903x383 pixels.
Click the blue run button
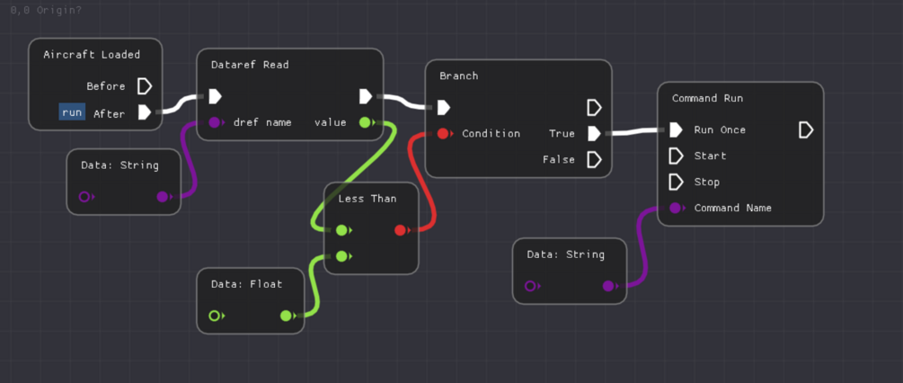(x=72, y=112)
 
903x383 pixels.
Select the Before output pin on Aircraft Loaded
(x=144, y=86)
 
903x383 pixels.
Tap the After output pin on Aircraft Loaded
(x=144, y=112)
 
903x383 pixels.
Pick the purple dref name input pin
(x=215, y=122)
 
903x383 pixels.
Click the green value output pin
(x=365, y=122)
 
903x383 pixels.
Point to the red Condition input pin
(x=443, y=134)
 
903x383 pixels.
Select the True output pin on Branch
(x=593, y=134)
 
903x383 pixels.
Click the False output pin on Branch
(x=593, y=160)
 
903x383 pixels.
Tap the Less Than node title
(x=367, y=198)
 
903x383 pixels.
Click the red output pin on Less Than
(x=401, y=230)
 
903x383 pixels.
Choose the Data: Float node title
(x=247, y=284)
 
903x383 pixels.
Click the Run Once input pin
(x=676, y=130)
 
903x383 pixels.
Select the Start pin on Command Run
(x=676, y=156)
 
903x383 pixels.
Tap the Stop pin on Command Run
(x=676, y=183)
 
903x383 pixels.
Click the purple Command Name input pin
(x=676, y=209)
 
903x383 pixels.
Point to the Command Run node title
(x=708, y=98)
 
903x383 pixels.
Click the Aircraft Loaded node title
(x=92, y=55)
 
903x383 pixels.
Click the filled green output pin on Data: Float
(x=286, y=316)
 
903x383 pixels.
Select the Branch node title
(x=459, y=76)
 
